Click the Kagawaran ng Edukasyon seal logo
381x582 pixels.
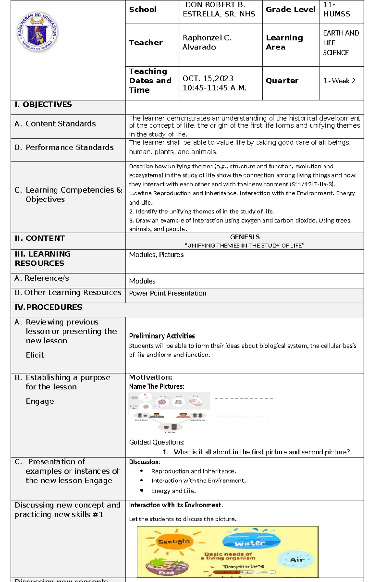pyautogui.click(x=37, y=32)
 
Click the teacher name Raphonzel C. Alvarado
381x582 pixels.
pyautogui.click(x=207, y=43)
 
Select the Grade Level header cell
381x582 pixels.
pyautogui.click(x=290, y=10)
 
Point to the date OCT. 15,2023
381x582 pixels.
pyautogui.click(x=208, y=78)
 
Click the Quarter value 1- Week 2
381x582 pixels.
pyautogui.click(x=339, y=81)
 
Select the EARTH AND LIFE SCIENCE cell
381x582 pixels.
pyautogui.click(x=341, y=43)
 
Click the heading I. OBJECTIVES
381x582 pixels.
pyautogui.click(x=43, y=105)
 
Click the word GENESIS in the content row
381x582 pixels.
pyautogui.click(x=244, y=237)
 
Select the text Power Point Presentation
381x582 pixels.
pyautogui.click(x=168, y=293)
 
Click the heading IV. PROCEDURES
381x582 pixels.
pyautogui.click(x=48, y=307)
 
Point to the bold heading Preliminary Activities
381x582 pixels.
pyautogui.click(x=162, y=336)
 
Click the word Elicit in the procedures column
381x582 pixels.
pyautogui.click(x=35, y=355)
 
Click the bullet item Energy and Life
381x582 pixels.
pyautogui.click(x=173, y=491)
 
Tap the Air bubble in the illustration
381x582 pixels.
pyautogui.click(x=297, y=560)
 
